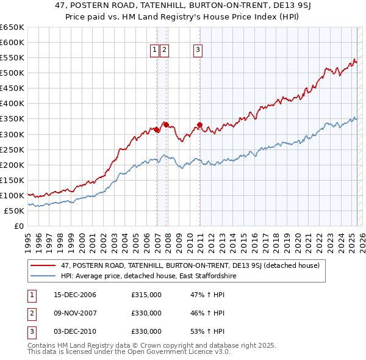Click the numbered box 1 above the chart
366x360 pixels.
pos(154,50)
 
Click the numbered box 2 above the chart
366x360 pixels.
pos(165,50)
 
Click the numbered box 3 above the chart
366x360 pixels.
pos(199,50)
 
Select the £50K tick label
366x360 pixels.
pos(14,211)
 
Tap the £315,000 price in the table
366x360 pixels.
pos(146,295)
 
